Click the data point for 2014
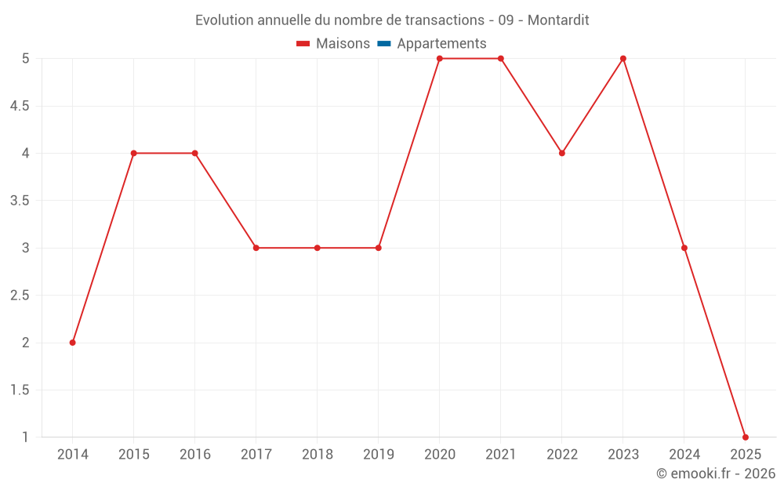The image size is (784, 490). point(73,343)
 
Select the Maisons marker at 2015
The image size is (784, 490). point(134,153)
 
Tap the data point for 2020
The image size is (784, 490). point(440,59)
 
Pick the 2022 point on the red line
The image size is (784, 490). point(562,153)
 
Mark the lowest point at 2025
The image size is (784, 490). point(746,437)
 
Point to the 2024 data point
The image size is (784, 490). point(684,248)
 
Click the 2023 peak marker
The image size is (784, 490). point(623,59)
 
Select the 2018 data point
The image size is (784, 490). point(318,248)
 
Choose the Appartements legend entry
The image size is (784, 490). point(441,44)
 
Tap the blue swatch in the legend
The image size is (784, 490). point(384,44)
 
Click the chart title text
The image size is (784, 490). point(392,20)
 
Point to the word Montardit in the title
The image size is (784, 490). point(558,20)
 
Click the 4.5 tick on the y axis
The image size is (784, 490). point(20,106)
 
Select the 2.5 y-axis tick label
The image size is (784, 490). point(20,296)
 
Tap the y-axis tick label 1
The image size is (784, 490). point(25,437)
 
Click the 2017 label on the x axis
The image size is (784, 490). point(256,455)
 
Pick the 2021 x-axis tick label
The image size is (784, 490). point(501,455)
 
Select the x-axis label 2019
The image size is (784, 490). point(379,455)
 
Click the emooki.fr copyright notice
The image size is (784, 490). point(716,474)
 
